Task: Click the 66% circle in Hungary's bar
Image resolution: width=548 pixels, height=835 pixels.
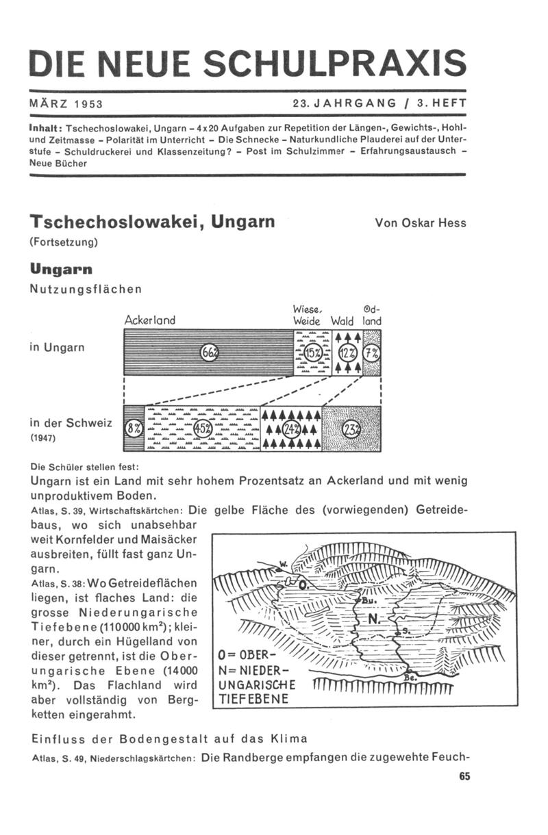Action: pyautogui.click(x=208, y=353)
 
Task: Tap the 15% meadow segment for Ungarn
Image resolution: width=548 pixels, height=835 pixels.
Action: pyautogui.click(x=312, y=353)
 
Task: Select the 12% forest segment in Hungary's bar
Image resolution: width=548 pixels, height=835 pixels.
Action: pyautogui.click(x=347, y=353)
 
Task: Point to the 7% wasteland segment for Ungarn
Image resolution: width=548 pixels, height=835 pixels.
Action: pyautogui.click(x=371, y=353)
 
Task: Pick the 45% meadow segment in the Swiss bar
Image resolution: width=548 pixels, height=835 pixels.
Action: pyautogui.click(x=203, y=428)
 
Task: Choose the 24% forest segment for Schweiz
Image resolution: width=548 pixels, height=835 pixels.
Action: pyautogui.click(x=292, y=428)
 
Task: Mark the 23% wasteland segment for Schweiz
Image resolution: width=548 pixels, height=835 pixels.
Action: pyautogui.click(x=351, y=428)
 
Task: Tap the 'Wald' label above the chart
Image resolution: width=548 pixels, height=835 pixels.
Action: pyautogui.click(x=341, y=321)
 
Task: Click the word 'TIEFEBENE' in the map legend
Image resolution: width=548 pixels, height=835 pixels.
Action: pyautogui.click(x=247, y=699)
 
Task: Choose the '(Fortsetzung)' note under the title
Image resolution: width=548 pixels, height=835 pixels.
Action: pyautogui.click(x=65, y=242)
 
